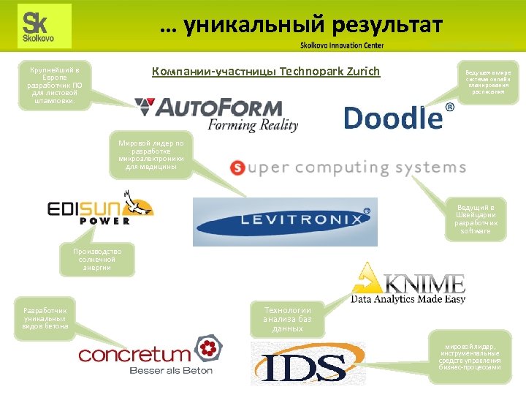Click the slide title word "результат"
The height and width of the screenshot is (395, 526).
pos(386,26)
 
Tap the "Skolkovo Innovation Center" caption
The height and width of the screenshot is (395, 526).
pos(341,45)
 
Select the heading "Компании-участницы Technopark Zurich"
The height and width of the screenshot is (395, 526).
pos(266,71)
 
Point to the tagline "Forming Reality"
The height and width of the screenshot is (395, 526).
pos(253,125)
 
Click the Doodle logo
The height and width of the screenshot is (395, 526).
pos(392,117)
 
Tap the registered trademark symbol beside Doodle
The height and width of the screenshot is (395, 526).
pos(449,108)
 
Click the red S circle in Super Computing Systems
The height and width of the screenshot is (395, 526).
pos(237,168)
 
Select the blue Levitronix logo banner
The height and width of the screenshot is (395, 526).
pos(285,221)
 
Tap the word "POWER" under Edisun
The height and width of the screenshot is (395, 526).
pos(104,220)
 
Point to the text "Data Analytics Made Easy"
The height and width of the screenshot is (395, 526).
pos(408,298)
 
